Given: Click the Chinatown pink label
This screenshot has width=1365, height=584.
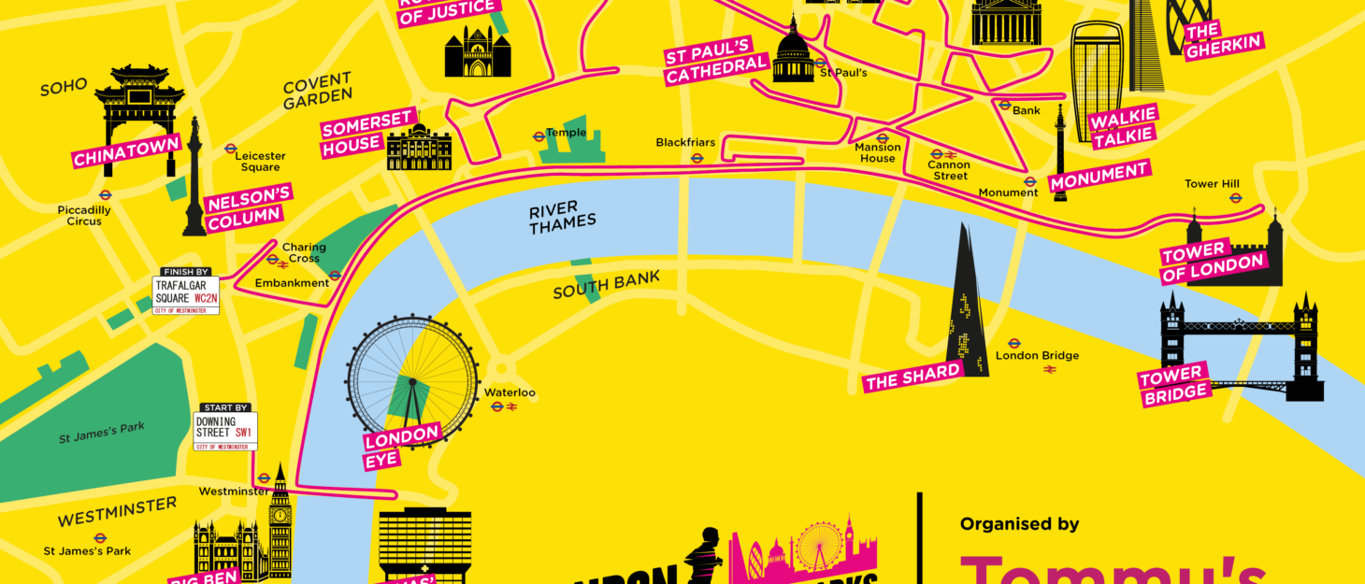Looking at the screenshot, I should (126, 152).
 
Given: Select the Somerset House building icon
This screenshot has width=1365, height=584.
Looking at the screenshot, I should (419, 149).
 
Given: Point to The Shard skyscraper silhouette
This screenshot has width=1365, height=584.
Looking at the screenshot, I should (967, 308).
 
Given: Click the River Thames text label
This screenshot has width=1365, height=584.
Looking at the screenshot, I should (562, 217).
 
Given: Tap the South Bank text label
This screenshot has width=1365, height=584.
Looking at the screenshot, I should (606, 285).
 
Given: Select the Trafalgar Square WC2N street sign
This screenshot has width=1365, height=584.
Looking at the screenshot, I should (186, 292).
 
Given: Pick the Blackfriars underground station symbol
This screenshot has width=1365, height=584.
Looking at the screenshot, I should (697, 158).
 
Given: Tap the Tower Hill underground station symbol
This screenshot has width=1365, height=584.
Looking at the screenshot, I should (1235, 198).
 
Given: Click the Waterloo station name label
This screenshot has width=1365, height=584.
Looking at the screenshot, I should (510, 392).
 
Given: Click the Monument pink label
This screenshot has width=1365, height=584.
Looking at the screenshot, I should (1099, 175).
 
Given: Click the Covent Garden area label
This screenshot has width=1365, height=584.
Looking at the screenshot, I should (318, 90).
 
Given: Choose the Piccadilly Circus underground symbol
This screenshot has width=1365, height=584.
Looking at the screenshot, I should (106, 196).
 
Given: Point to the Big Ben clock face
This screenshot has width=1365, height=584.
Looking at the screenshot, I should (280, 515).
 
